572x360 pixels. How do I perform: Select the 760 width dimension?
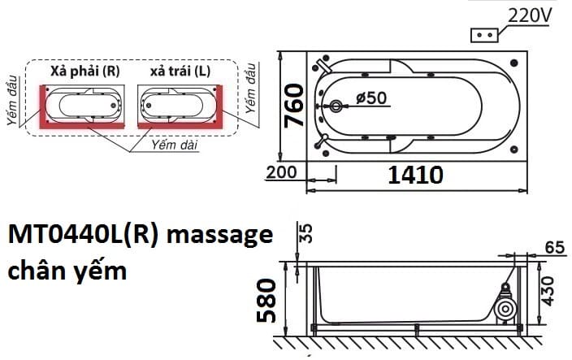click(x=295, y=106)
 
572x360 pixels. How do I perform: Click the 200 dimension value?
click(x=282, y=173)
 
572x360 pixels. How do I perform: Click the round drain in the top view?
click(x=338, y=106)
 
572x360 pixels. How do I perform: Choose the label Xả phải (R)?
click(x=84, y=72)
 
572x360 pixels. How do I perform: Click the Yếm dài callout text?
click(x=175, y=144)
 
